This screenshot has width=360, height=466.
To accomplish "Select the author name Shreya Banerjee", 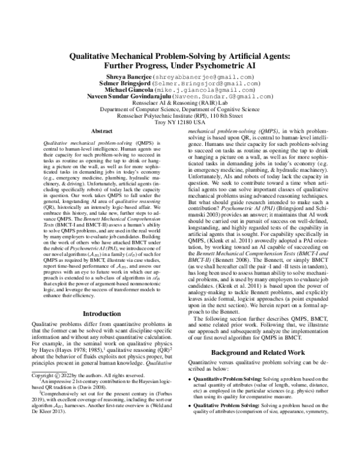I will (x=132, y=78).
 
